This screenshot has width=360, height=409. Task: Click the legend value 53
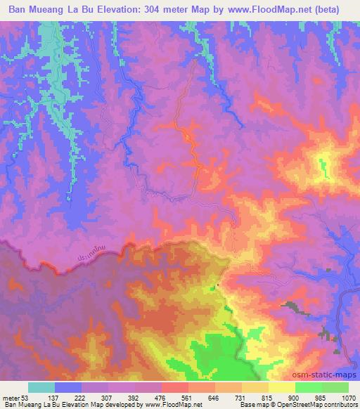click(x=24, y=397)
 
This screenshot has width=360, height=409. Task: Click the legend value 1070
click(x=347, y=397)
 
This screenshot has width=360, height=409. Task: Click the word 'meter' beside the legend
click(x=10, y=397)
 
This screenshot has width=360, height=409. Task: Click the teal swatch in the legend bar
click(x=41, y=387)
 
